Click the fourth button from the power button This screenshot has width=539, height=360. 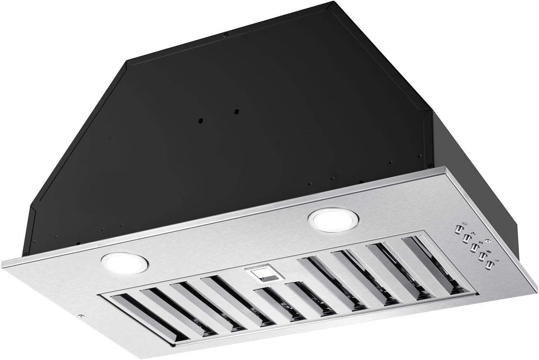[481, 255]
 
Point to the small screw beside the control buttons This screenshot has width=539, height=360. [488, 241]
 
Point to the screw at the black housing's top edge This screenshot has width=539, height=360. [225, 35]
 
